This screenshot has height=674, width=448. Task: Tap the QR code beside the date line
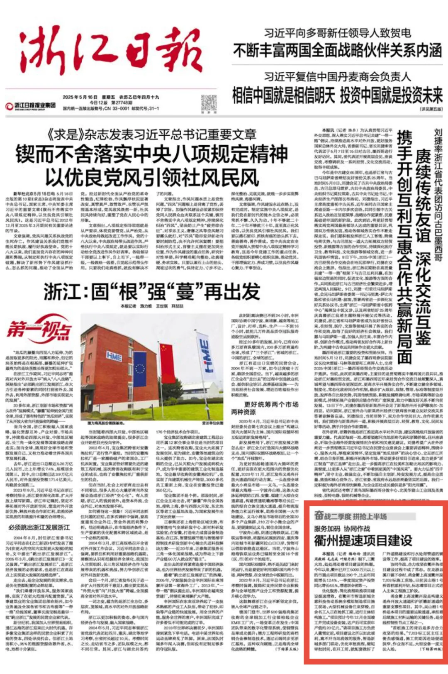tap(209, 104)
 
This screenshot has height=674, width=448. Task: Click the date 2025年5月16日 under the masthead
tap(80, 97)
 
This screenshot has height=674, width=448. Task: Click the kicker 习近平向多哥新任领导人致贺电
tap(338, 33)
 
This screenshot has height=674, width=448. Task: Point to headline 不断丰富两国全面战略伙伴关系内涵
tap(338, 51)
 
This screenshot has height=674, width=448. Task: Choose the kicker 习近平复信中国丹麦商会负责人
tap(338, 77)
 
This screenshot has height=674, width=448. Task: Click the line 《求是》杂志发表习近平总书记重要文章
tap(151, 134)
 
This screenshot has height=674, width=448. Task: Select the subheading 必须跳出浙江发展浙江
tap(39, 527)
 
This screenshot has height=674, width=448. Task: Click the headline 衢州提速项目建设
tap(363, 540)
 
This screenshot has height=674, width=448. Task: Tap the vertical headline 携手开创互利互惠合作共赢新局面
tap(404, 247)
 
